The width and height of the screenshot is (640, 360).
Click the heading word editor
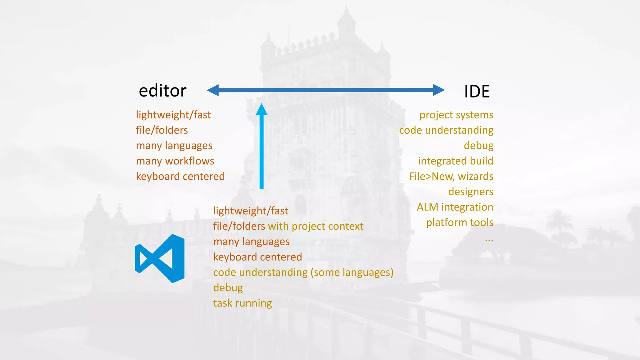(162, 91)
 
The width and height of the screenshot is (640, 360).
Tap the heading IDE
(477, 92)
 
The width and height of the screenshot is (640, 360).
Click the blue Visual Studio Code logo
(160, 258)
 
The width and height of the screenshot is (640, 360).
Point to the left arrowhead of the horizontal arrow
(213, 90)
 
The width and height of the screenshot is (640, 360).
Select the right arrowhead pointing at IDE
(439, 90)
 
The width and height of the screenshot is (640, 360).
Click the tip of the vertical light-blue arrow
(262, 103)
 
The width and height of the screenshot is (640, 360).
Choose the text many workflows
(175, 161)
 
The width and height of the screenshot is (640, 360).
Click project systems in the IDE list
(456, 115)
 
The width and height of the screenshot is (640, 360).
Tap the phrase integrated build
(456, 161)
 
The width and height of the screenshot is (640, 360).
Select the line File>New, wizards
(451, 176)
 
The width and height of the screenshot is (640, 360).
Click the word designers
(471, 192)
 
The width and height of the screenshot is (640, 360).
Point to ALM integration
(455, 207)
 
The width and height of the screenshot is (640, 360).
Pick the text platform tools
(460, 222)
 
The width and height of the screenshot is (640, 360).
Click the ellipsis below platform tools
(489, 241)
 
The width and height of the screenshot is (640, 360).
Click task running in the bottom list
(242, 303)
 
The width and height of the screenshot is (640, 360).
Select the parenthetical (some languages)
(352, 272)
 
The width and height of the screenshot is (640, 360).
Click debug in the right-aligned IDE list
(478, 146)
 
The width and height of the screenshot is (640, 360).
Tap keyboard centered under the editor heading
(180, 176)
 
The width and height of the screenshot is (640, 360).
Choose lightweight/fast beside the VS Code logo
(251, 211)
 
